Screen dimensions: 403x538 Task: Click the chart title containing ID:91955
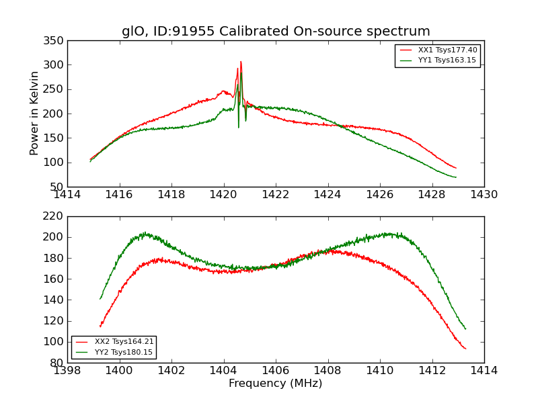coord(276,32)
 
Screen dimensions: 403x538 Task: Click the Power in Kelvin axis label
coord(35,113)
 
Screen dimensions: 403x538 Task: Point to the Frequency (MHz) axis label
coord(276,384)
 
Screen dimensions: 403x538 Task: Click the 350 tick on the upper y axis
coord(56,41)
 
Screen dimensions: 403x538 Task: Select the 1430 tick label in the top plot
coord(484,195)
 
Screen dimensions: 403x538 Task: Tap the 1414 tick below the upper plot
coord(67,195)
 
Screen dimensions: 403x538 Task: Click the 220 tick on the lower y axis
coord(56,216)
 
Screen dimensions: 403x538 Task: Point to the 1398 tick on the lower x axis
coord(67,370)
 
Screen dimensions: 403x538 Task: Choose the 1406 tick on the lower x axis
coord(276,370)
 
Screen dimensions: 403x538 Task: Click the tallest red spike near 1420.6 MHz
coord(241,62)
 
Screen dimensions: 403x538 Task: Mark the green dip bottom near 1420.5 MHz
coord(238,127)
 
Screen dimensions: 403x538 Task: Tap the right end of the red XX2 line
coord(465,349)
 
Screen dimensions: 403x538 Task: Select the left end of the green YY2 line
coord(100,299)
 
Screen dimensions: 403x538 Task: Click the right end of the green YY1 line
coord(456,177)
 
